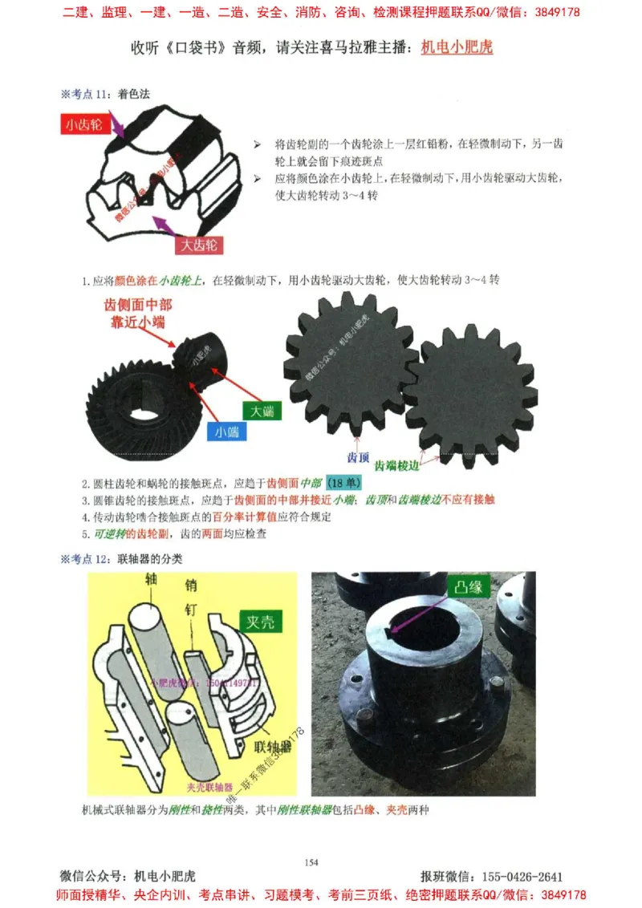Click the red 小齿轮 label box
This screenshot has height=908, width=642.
pos(84,124)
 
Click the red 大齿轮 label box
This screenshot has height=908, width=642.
pos(199,245)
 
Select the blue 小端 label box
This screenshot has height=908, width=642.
pos(226,432)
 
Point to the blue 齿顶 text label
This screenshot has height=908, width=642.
pos(357,458)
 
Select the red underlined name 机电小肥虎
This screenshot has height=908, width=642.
pos(457,47)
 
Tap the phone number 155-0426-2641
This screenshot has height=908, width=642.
pos(521,877)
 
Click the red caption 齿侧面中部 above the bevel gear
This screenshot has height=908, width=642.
pos(138,305)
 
